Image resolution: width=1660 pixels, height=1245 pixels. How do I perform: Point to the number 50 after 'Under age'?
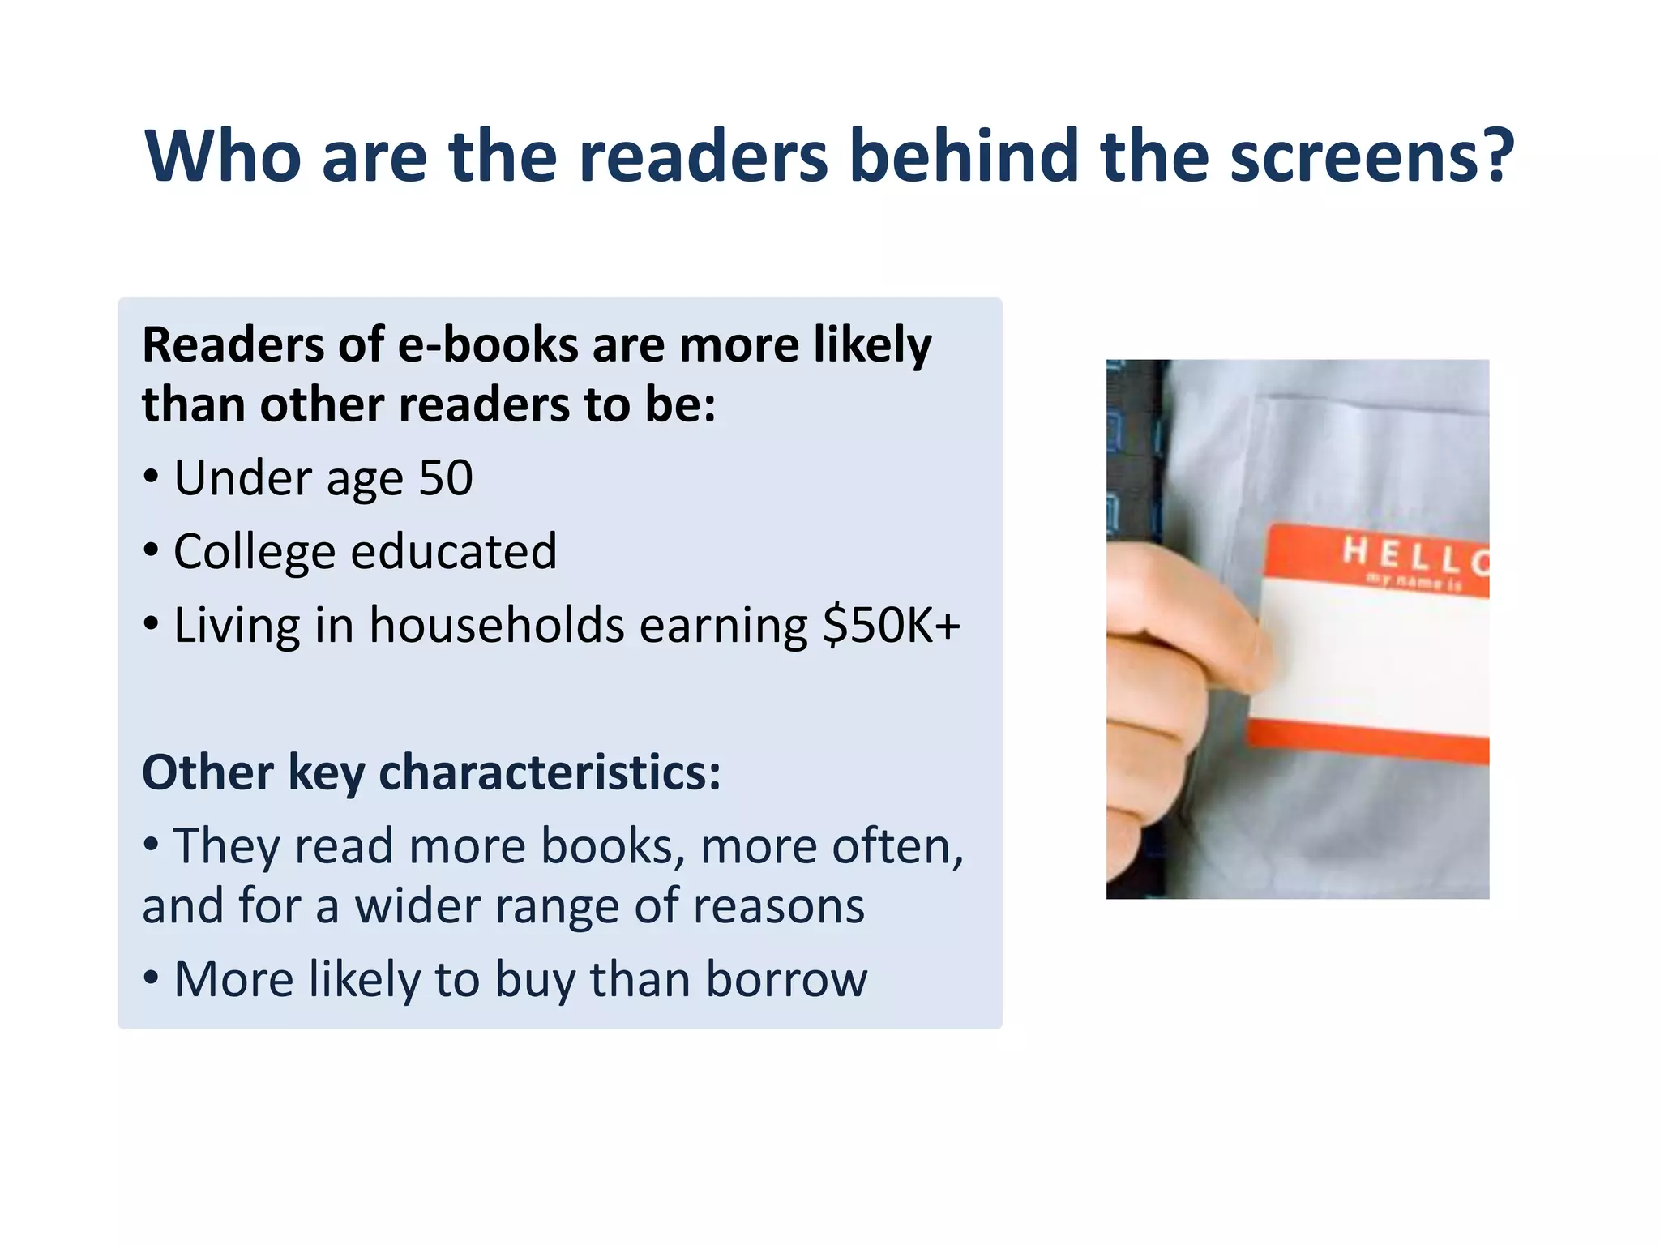[x=446, y=477]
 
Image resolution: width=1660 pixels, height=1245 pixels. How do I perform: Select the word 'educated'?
[x=454, y=551]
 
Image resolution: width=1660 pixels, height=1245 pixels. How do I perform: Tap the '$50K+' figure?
[x=891, y=626]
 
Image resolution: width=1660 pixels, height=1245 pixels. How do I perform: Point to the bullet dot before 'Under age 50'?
[x=151, y=477]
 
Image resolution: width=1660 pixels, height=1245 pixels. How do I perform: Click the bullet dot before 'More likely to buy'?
[x=151, y=978]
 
